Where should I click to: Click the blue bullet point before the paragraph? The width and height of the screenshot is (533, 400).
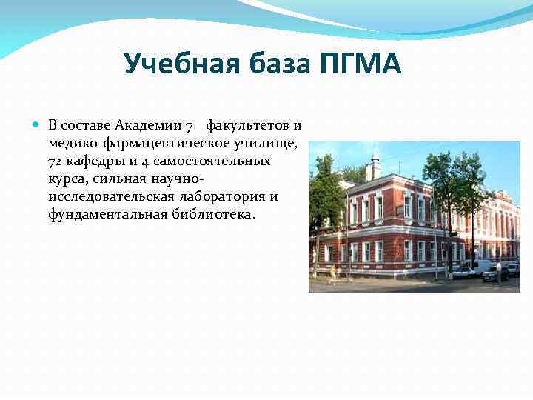tap(38, 124)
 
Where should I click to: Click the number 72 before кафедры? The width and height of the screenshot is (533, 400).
tap(56, 161)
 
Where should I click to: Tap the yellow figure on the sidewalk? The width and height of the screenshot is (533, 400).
tap(332, 273)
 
